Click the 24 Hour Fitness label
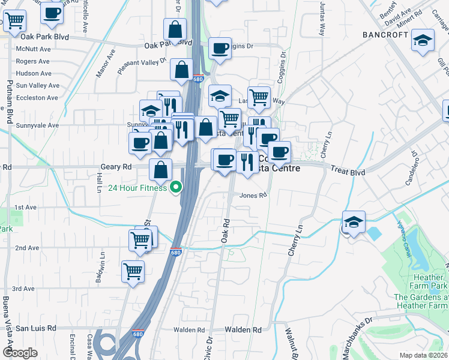click(137, 188)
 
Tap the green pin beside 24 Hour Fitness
click(176, 188)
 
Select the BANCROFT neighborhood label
click(385, 35)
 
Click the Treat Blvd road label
click(348, 172)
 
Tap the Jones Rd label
click(253, 195)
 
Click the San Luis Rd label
click(35, 328)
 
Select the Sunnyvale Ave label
click(37, 125)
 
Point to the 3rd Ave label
click(23, 289)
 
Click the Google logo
click(20, 353)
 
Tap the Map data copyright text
click(423, 355)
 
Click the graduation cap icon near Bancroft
click(423, 41)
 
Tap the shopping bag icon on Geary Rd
click(161, 169)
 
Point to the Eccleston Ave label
click(37, 97)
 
